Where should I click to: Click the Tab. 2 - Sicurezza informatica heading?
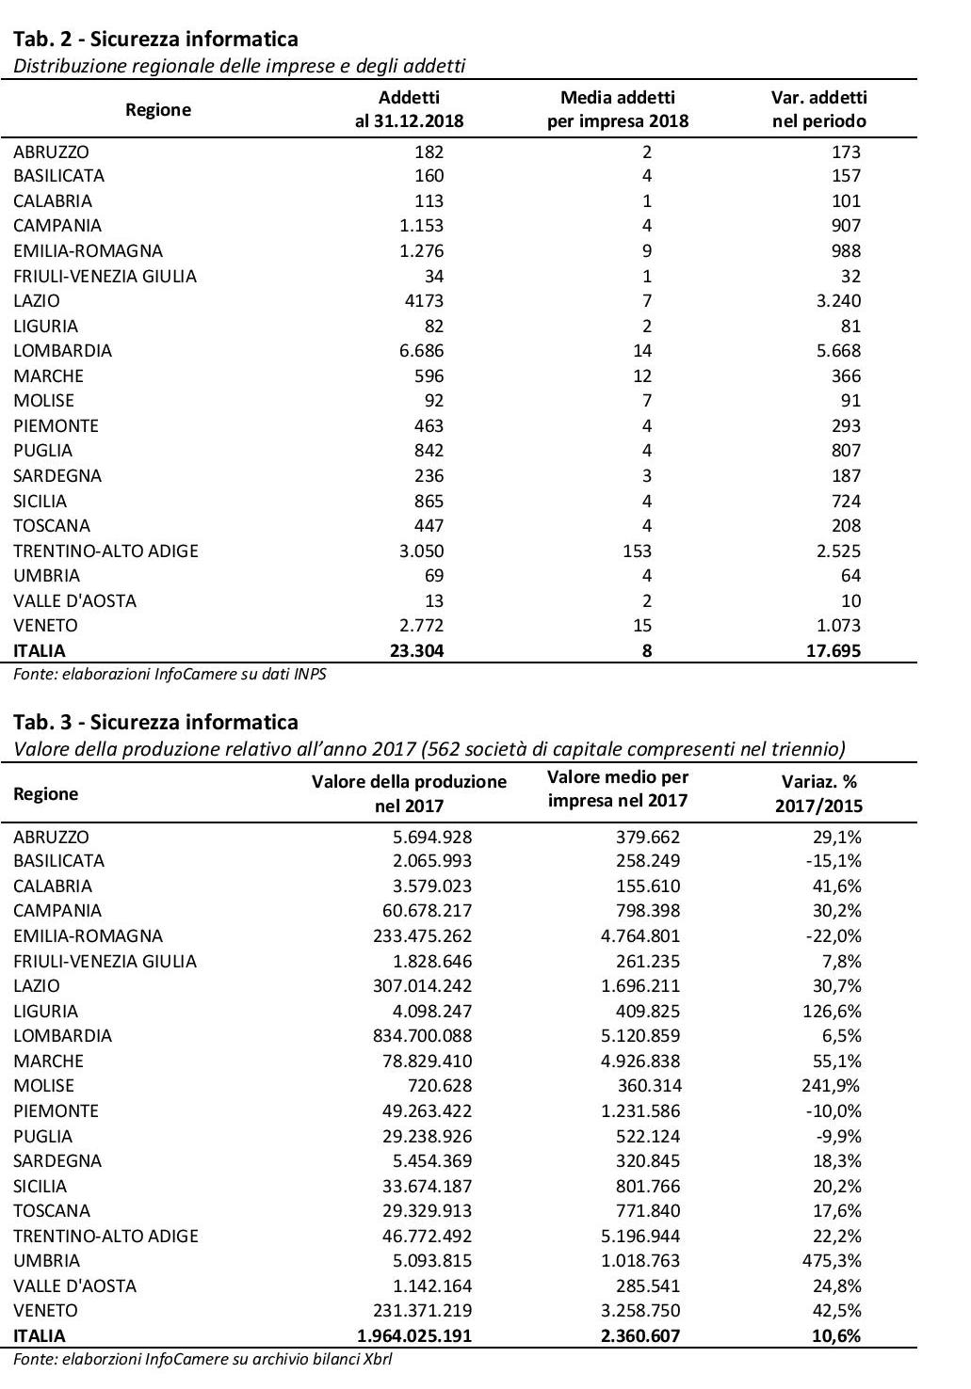pyautogui.click(x=155, y=39)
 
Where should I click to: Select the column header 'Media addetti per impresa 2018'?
pyautogui.click(x=617, y=109)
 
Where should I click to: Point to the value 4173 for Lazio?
pyautogui.click(x=422, y=301)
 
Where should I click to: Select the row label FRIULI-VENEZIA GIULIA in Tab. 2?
pyautogui.click(x=105, y=276)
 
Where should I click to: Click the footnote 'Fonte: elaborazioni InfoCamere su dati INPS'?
pyautogui.click(x=170, y=674)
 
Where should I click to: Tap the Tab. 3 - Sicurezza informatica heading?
pyautogui.click(x=155, y=722)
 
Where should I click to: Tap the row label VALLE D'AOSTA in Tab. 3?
pyautogui.click(x=74, y=1285)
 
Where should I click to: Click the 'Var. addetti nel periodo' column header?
pyautogui.click(x=818, y=109)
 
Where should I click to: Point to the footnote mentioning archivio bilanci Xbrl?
pyautogui.click(x=202, y=1359)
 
